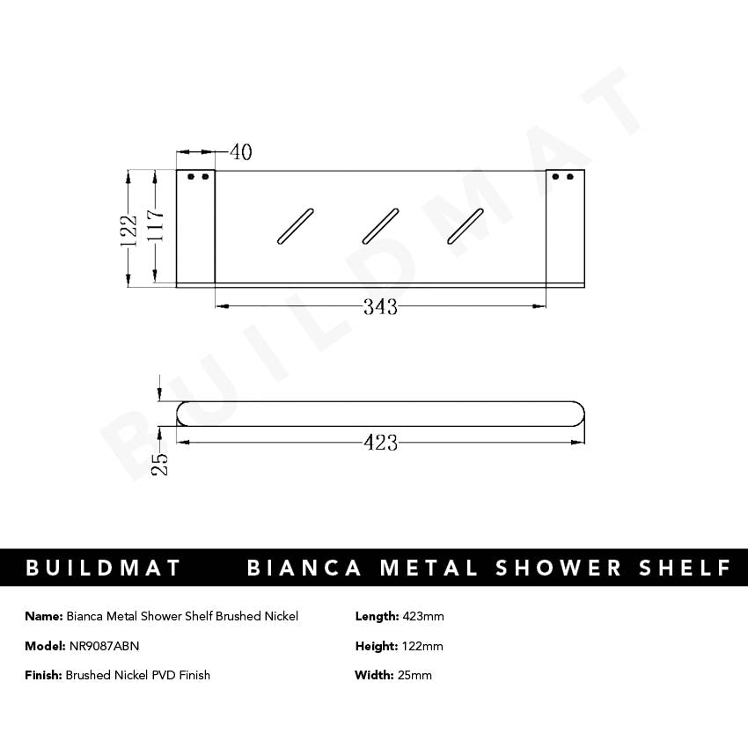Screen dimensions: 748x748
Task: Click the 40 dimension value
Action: tap(240, 152)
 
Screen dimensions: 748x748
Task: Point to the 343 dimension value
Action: tap(380, 307)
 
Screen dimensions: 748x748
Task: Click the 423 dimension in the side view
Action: tap(380, 443)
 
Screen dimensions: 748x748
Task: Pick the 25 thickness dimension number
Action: tap(159, 463)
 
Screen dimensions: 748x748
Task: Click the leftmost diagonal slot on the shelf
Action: tap(295, 225)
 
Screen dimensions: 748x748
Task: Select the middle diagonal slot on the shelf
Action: tap(380, 225)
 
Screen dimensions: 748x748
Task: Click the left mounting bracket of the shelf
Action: tap(196, 227)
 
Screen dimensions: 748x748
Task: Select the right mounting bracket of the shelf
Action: tap(564, 227)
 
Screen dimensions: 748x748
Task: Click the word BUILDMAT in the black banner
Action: tap(103, 568)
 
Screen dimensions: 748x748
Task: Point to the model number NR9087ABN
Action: tap(104, 646)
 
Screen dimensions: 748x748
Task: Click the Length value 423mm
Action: tap(422, 616)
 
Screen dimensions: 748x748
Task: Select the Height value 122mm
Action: tap(422, 646)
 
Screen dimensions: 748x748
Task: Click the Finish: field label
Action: tap(43, 675)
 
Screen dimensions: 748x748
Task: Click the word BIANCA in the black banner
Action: tap(304, 568)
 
